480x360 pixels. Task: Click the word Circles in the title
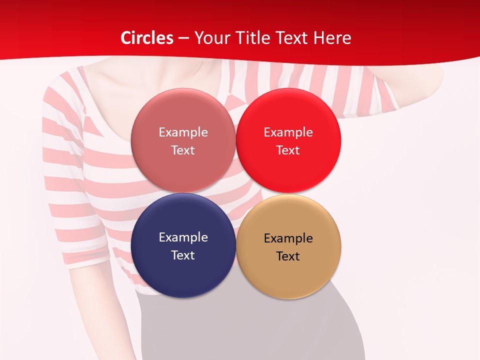(x=147, y=38)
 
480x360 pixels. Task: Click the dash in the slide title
(x=183, y=38)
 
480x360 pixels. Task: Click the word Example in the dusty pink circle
(x=183, y=132)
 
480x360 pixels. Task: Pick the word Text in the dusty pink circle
(x=183, y=150)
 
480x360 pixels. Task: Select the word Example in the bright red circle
(x=288, y=132)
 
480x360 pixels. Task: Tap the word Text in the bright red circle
(x=288, y=150)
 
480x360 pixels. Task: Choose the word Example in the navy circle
(x=183, y=237)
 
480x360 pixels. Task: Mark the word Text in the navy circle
(x=183, y=255)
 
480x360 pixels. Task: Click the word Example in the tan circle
(x=288, y=238)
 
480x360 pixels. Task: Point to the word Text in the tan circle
(x=288, y=256)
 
